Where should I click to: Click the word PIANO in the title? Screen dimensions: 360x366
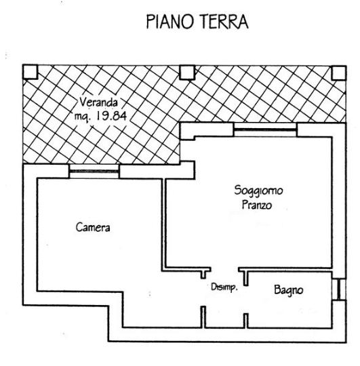click(170, 22)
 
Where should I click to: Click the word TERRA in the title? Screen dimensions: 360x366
click(224, 22)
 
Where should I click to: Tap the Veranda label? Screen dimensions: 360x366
click(98, 102)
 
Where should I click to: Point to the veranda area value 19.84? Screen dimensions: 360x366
click(112, 115)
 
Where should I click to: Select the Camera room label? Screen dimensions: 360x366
click(93, 227)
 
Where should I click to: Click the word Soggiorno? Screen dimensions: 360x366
click(259, 190)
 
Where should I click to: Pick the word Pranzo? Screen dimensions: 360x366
click(257, 205)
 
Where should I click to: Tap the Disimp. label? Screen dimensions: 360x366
click(224, 287)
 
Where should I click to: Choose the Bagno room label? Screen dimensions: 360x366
click(289, 290)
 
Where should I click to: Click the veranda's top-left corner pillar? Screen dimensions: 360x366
click(31, 72)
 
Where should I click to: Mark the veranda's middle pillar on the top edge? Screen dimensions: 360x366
click(187, 73)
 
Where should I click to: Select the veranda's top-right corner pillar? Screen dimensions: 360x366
click(339, 73)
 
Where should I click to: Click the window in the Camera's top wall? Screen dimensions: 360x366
click(94, 171)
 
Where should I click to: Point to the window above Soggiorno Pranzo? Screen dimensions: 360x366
click(265, 129)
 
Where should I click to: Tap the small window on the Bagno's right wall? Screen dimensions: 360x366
click(339, 289)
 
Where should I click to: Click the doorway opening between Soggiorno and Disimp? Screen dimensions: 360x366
click(224, 270)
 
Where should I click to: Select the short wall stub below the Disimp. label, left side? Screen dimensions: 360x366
click(203, 317)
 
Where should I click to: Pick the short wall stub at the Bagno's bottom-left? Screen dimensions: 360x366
click(246, 321)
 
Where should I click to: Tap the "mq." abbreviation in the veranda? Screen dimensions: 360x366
click(82, 117)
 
